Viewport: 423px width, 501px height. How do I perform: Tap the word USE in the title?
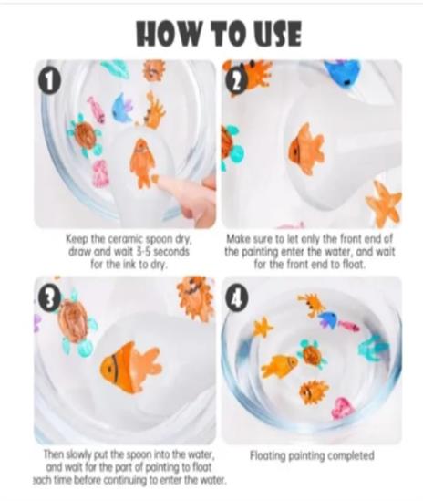click(278, 34)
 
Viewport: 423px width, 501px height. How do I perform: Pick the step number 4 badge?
click(235, 298)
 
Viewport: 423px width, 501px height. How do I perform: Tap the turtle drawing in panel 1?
click(85, 135)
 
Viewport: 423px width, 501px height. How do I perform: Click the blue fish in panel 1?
click(122, 107)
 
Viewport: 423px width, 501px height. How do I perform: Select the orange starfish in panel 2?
click(384, 202)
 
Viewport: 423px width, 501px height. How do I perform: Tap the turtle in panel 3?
click(75, 323)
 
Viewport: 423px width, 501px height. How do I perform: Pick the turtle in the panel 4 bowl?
click(312, 354)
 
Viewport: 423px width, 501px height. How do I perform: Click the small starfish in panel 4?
click(263, 328)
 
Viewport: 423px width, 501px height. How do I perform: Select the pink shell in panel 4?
click(342, 408)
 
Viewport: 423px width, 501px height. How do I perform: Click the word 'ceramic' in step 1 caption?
click(126, 239)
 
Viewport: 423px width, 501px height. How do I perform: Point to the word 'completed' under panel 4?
click(350, 456)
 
